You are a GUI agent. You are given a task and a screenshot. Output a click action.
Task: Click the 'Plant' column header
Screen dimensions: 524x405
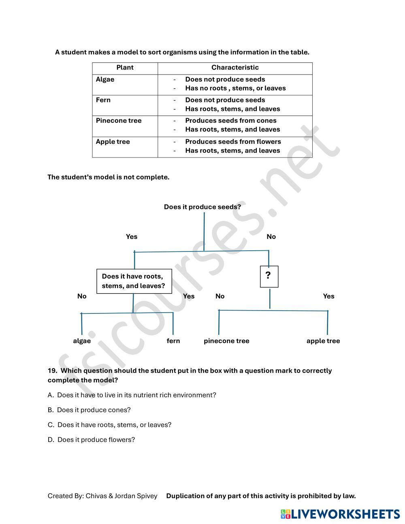coord(125,68)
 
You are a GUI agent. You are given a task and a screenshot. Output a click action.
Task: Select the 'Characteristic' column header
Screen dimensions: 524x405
coord(235,68)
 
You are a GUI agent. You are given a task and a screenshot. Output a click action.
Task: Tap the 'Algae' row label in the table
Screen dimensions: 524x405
coord(105,79)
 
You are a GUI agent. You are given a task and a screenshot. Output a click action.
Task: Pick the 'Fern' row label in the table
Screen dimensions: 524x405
coord(103,100)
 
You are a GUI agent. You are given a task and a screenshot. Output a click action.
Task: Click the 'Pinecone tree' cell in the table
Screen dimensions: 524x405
coord(119,121)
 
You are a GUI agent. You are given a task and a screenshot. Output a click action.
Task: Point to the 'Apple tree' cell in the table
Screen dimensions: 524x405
coord(113,142)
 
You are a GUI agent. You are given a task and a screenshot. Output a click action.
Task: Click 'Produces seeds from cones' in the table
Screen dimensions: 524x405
coord(230,121)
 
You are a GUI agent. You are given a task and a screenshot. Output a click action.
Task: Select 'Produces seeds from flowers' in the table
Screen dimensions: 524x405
coord(233,142)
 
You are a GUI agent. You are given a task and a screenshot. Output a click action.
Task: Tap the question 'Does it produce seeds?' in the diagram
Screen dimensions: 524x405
coord(202,207)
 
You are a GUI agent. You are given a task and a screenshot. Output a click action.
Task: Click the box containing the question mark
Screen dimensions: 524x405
coord(269,276)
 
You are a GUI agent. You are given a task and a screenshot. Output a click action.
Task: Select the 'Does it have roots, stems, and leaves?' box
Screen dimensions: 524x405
coord(134,281)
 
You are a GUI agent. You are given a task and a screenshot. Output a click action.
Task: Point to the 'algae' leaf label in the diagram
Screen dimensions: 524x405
coord(82,341)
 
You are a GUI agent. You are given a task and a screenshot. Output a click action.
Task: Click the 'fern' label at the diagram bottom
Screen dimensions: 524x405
coord(173,341)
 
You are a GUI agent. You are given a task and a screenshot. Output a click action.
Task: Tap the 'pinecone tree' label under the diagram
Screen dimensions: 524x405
coord(226,341)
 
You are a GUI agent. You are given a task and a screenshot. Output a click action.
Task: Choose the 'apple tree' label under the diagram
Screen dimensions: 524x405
coord(323,341)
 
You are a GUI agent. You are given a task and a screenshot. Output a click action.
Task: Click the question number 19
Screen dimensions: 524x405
coord(52,371)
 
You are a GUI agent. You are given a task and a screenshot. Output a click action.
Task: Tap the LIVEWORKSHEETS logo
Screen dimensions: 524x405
coord(340,514)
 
